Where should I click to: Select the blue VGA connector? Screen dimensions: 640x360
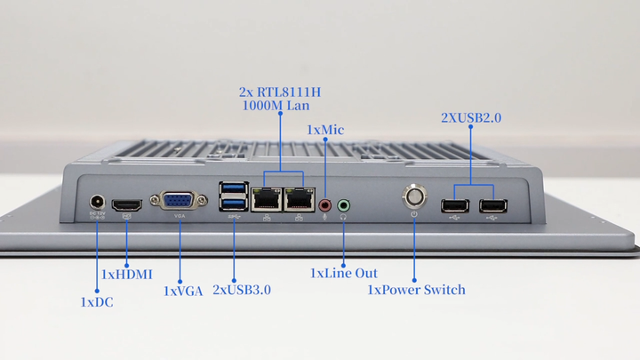[180, 201]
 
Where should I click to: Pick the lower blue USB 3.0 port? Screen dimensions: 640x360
[234, 205]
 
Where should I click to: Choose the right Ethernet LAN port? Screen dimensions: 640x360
[299, 199]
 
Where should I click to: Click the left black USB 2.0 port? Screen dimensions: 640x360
[454, 206]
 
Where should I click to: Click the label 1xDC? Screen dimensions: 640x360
[96, 302]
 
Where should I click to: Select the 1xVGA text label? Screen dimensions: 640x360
[183, 291]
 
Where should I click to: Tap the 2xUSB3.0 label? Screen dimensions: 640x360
[242, 290]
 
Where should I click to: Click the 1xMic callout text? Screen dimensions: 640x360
[325, 131]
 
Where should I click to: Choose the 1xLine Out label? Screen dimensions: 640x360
[343, 273]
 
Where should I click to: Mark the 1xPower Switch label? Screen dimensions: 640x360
[416, 290]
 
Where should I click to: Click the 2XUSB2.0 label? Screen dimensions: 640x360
[471, 117]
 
